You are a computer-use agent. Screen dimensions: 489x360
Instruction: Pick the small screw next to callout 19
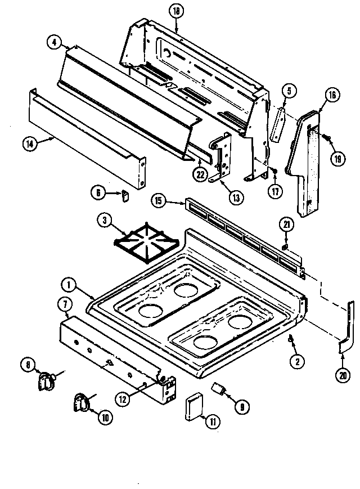(326, 136)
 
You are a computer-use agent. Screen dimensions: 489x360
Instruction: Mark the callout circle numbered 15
(159, 200)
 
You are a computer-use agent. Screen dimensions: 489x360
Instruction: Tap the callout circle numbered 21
(286, 226)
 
